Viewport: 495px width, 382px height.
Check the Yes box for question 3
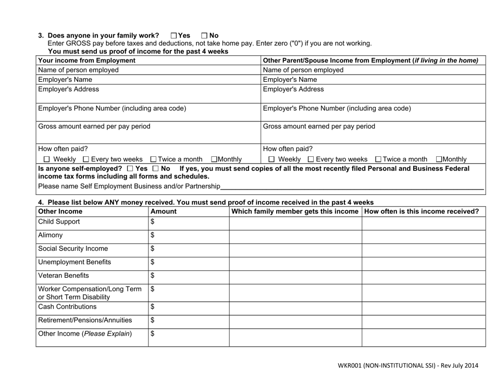coord(174,35)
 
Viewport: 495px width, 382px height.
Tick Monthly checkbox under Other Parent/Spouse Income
coord(438,158)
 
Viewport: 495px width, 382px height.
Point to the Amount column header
coord(163,211)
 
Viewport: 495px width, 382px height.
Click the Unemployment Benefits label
coord(76,262)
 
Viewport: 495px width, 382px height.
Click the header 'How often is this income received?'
coord(422,211)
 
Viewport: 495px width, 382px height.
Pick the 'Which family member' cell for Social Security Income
coord(295,248)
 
